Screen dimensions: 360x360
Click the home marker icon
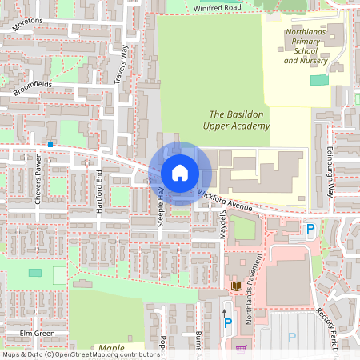point(179,173)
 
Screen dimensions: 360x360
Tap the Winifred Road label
point(217,8)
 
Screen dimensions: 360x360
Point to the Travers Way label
point(122,65)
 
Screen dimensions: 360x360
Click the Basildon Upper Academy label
point(240,120)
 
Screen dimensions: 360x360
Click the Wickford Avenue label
point(226,201)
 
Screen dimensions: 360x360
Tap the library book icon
point(237,286)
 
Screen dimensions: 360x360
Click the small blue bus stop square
point(50,145)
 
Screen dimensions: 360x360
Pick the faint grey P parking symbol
point(292,338)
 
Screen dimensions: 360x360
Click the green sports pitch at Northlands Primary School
point(319,80)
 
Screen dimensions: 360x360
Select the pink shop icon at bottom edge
point(241,348)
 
